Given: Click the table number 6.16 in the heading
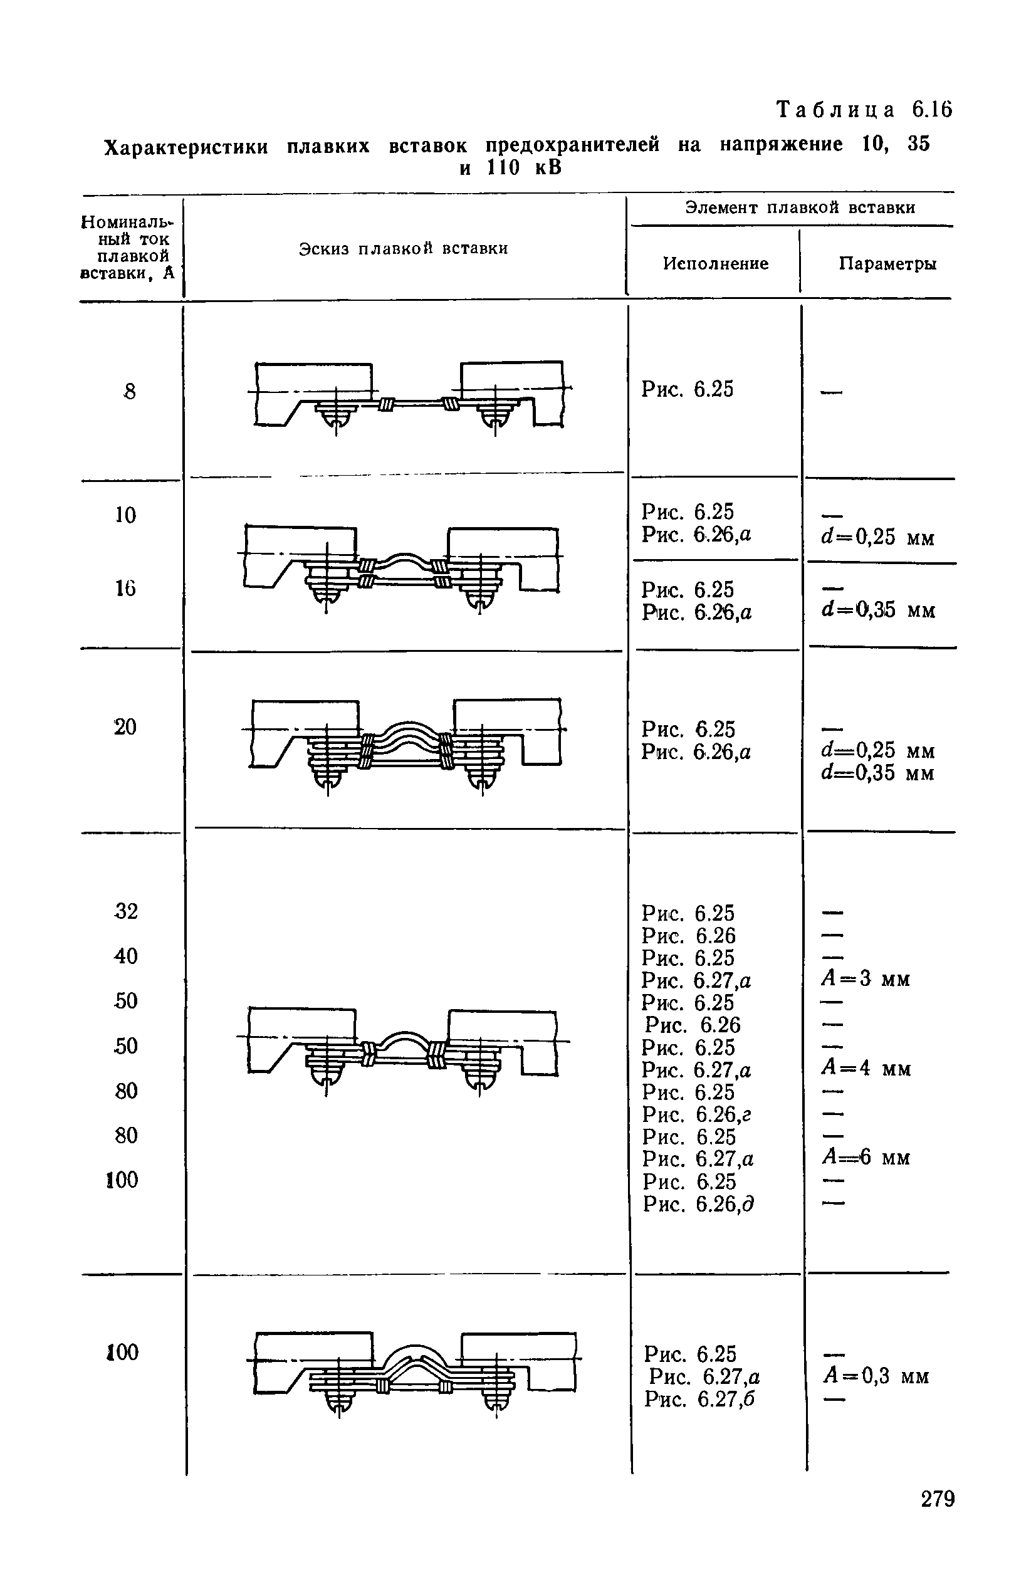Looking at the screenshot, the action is [x=931, y=110].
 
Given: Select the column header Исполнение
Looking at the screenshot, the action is [x=716, y=263].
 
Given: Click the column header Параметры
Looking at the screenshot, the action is [x=887, y=263].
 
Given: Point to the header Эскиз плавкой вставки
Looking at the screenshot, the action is [x=403, y=249].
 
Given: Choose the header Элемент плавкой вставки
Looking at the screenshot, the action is [x=800, y=208].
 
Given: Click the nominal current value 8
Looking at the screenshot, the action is [x=129, y=391].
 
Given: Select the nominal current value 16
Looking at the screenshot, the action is [x=125, y=589].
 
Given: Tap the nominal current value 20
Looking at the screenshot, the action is [x=125, y=726].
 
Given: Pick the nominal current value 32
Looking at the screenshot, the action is [x=126, y=911].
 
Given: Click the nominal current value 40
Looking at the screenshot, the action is [x=126, y=956].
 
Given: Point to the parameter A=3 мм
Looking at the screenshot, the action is [x=866, y=979].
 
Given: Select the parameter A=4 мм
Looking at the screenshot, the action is [x=866, y=1068].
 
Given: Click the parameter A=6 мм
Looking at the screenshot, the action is [x=866, y=1157].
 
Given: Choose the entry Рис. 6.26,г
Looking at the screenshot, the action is [x=697, y=1114].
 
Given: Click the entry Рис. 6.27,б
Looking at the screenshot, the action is [x=699, y=1399].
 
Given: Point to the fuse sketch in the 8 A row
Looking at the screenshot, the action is [x=409, y=397].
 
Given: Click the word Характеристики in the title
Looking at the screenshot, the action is [x=187, y=147].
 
